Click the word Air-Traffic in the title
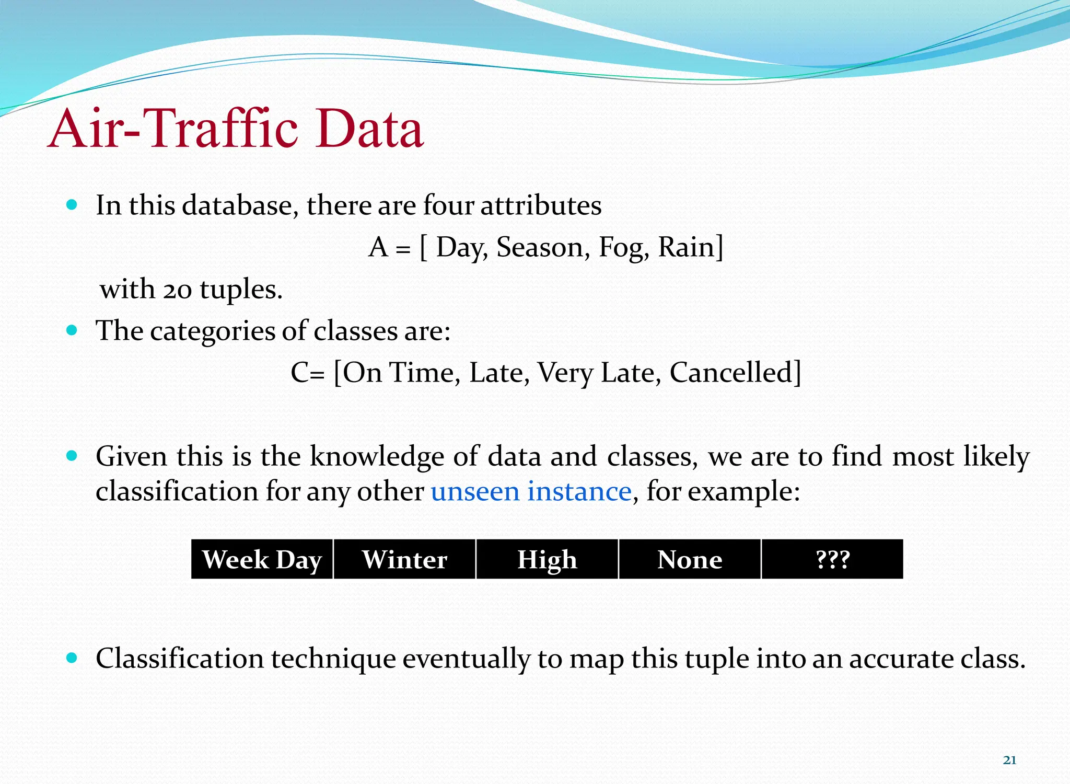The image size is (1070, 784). click(x=172, y=129)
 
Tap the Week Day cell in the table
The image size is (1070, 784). click(x=262, y=560)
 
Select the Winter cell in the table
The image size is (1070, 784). click(x=404, y=560)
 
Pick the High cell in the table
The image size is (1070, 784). click(x=547, y=560)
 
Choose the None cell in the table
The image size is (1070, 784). click(x=690, y=560)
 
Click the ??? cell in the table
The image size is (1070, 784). click(x=832, y=560)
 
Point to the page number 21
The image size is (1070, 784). click(x=1009, y=760)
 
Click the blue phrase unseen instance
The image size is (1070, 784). click(x=531, y=492)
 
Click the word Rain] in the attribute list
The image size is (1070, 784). click(x=691, y=247)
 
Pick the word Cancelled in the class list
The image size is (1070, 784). click(x=734, y=373)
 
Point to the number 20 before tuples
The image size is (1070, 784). click(x=177, y=290)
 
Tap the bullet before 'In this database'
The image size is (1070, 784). click(x=72, y=204)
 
